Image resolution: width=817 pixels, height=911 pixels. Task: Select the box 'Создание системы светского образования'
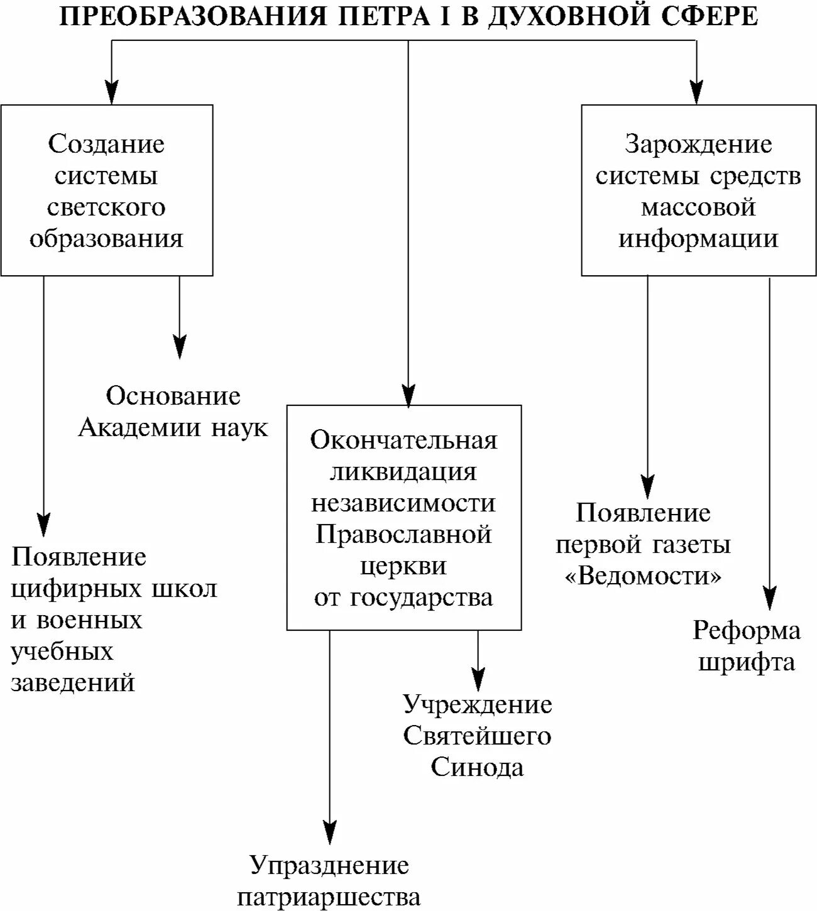[x=107, y=190]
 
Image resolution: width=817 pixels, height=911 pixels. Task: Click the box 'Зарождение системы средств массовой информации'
[x=698, y=190]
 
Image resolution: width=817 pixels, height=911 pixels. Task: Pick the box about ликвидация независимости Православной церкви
[x=404, y=518]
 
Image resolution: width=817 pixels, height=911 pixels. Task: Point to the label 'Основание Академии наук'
[x=173, y=412]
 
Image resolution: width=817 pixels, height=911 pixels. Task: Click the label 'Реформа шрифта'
[x=747, y=646]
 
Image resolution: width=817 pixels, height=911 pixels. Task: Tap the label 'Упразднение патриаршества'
[x=329, y=881]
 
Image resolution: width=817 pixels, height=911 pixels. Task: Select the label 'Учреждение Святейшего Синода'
[x=477, y=736]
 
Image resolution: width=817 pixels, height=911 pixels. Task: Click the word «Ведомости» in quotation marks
[x=644, y=576]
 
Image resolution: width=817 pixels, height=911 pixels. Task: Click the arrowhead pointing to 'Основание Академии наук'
[x=180, y=347]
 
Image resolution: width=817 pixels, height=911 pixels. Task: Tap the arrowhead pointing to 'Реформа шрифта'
[x=769, y=598]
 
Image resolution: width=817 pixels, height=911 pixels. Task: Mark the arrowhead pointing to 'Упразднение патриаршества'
[x=329, y=832]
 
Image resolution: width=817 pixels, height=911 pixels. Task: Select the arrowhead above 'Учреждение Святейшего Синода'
[x=478, y=679]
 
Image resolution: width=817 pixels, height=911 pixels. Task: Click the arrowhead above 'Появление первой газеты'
[x=647, y=487]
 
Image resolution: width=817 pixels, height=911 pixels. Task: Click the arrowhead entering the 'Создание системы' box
[x=112, y=92]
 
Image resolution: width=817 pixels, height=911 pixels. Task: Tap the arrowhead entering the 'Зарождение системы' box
[x=696, y=92]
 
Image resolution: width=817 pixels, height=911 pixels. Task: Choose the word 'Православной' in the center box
[x=403, y=535]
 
